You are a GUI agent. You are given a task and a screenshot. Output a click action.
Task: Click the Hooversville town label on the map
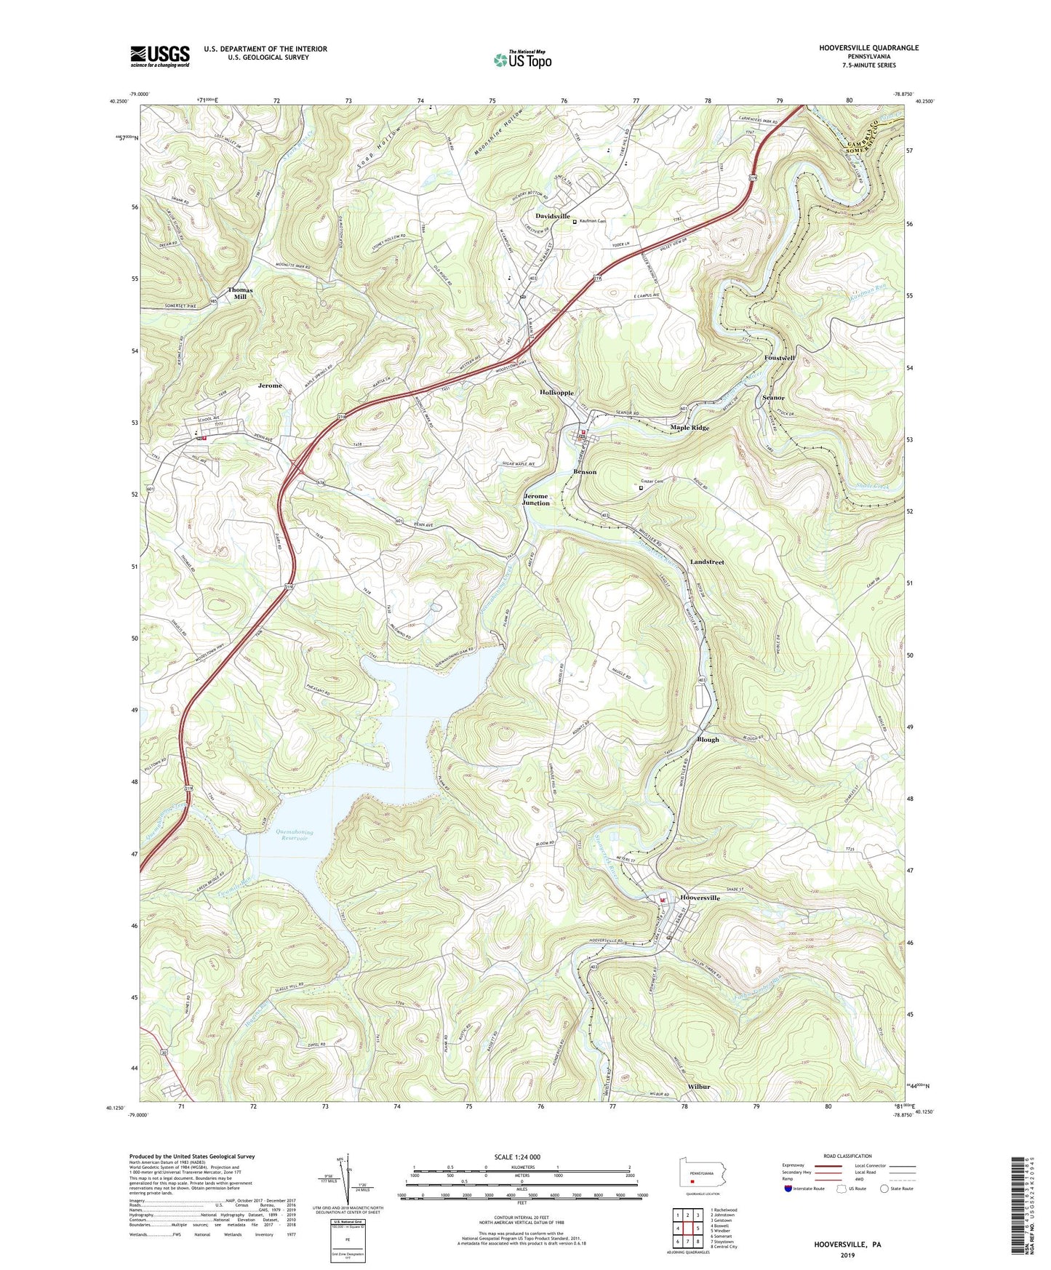click(700, 898)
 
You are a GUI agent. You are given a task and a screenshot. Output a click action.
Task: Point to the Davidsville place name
click(553, 216)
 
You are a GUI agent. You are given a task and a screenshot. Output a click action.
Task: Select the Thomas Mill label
click(240, 293)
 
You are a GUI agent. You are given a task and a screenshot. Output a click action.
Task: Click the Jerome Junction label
click(536, 499)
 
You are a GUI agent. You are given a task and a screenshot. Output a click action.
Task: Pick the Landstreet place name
click(707, 562)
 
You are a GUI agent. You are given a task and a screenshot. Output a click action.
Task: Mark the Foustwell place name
click(780, 358)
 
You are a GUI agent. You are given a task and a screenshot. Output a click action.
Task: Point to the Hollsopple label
click(557, 392)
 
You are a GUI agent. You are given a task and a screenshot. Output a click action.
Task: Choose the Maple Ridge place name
click(690, 428)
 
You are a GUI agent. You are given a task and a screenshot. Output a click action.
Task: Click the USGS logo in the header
click(160, 56)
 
